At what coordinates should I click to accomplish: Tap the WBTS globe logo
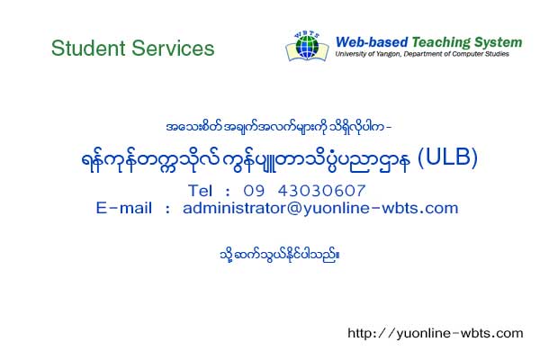click(307, 47)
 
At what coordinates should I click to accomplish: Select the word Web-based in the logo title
click(372, 42)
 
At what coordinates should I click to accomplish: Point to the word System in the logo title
click(498, 42)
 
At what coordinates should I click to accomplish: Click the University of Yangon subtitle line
click(422, 54)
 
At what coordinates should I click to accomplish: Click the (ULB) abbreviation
click(447, 157)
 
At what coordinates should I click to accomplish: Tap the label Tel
click(200, 191)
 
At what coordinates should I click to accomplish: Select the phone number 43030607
click(321, 191)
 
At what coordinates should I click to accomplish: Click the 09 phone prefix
click(254, 191)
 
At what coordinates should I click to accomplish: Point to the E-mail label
click(124, 208)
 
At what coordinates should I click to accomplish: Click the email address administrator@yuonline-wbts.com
click(320, 208)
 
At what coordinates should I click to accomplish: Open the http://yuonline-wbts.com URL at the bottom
click(436, 333)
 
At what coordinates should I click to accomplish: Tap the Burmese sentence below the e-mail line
click(279, 255)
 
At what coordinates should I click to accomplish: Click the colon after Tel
click(228, 192)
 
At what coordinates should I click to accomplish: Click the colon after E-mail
click(167, 209)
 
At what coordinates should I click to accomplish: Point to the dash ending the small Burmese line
click(389, 126)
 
